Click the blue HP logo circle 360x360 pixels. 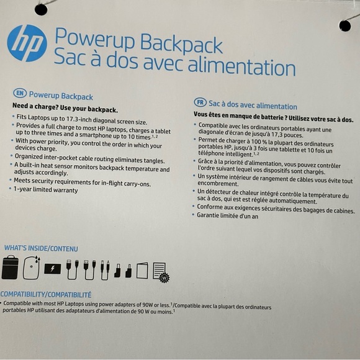(27, 43)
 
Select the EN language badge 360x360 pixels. (20, 94)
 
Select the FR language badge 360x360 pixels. (200, 101)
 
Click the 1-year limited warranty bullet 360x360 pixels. (47, 190)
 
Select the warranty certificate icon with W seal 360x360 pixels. (160, 272)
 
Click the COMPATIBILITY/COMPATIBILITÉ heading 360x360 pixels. (46, 294)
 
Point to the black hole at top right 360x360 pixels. (346, 24)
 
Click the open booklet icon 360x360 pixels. (142, 271)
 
